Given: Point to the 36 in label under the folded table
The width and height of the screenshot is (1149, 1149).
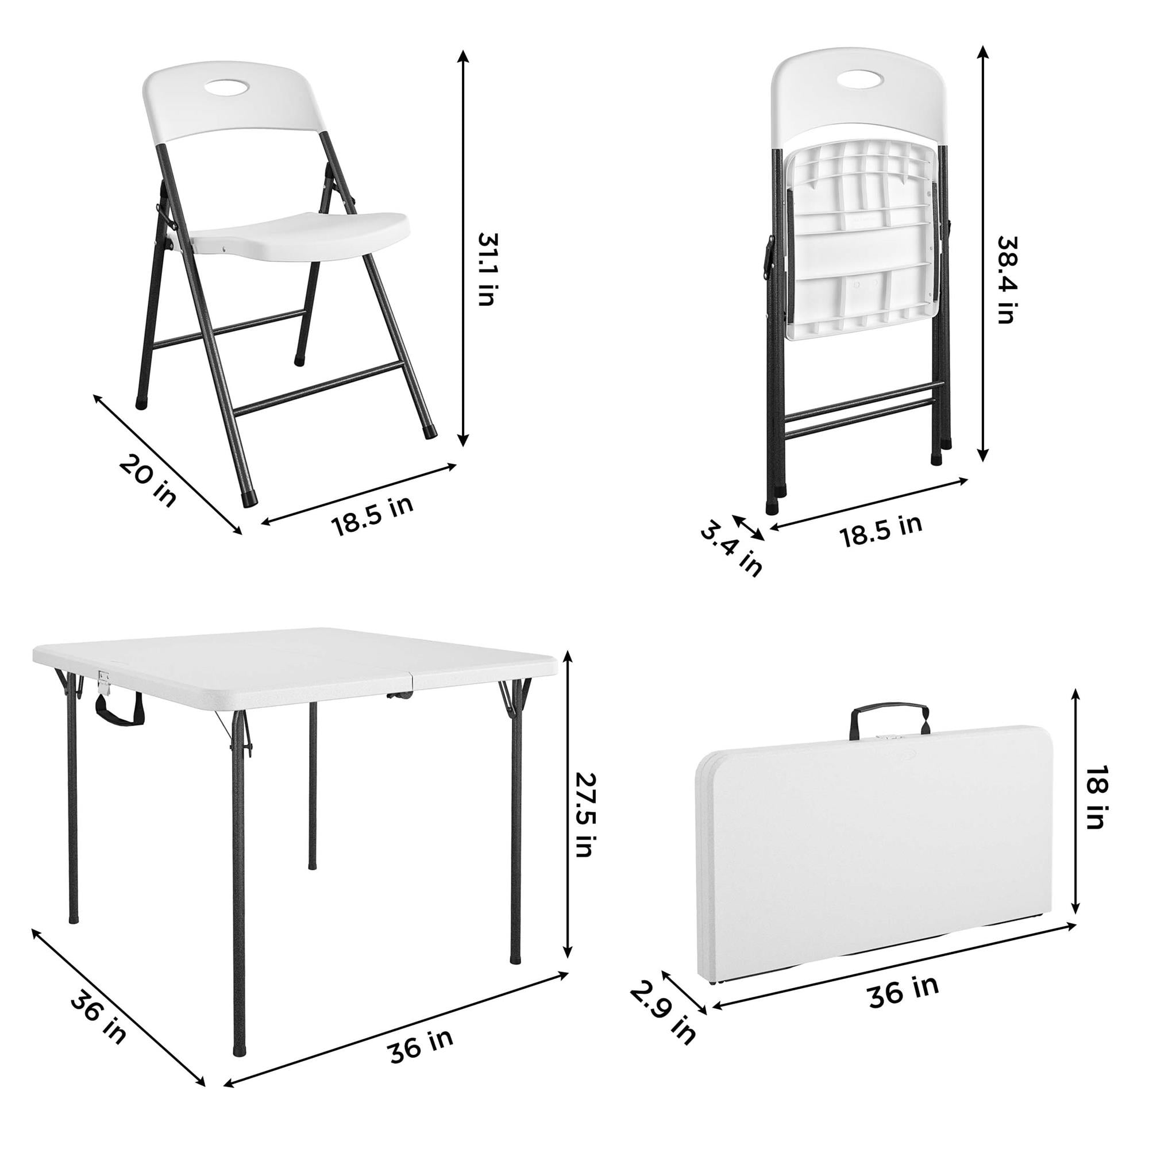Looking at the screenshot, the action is coord(903,991).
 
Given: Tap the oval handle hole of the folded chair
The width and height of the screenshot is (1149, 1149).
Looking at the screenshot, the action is coord(862,78).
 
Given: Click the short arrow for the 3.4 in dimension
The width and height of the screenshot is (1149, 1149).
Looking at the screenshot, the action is coord(749,527).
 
